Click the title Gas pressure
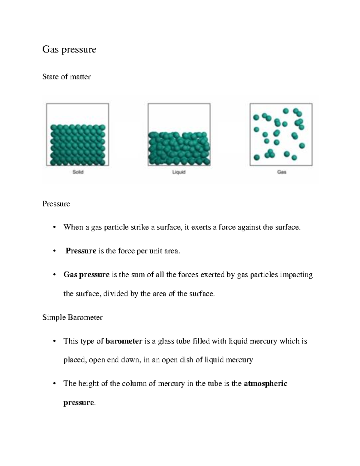[x=69, y=50]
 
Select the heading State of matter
[x=66, y=77]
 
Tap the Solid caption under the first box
[x=78, y=172]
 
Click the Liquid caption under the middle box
[x=179, y=172]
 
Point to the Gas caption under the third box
[x=281, y=172]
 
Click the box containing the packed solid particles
[x=77, y=135]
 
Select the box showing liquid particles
[x=179, y=135]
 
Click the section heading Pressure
[x=56, y=204]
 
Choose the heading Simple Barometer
[x=72, y=317]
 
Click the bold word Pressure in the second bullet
[x=81, y=251]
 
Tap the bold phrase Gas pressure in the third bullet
[x=86, y=275]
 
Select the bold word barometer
[x=124, y=341]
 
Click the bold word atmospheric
[x=265, y=383]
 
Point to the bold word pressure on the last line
[x=79, y=403]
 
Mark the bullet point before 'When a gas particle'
[x=54, y=227]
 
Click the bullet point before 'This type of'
[x=54, y=341]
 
